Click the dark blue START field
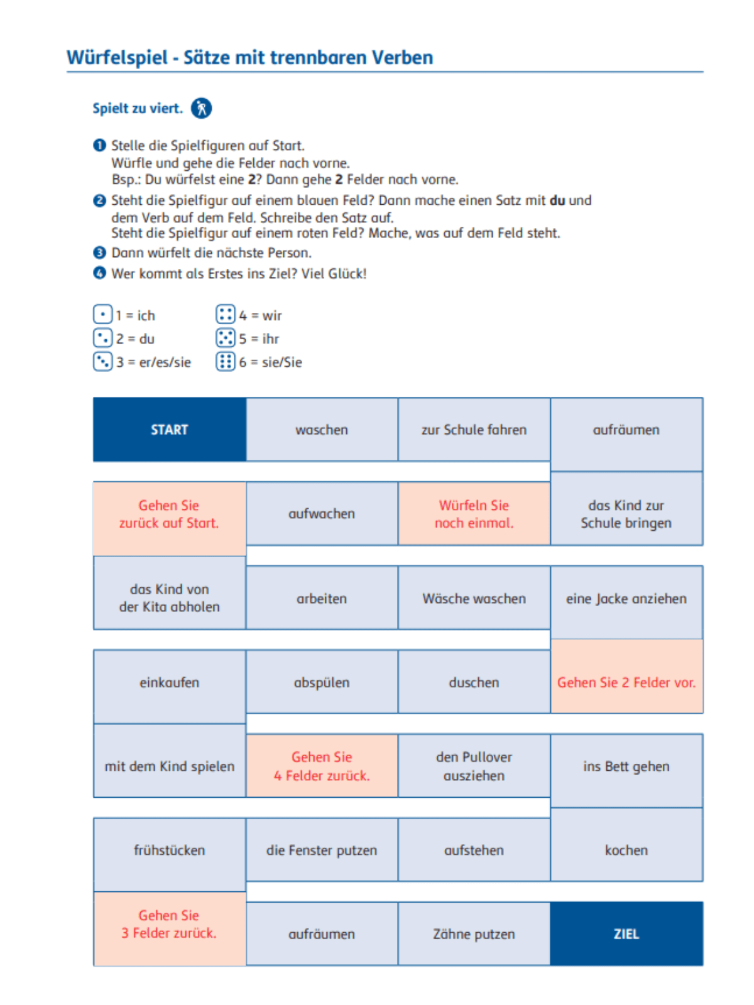pos(169,430)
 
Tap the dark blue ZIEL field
pos(626,933)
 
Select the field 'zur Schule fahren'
pos(474,430)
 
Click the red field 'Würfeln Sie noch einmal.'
pos(474,514)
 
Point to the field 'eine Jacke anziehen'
pos(626,599)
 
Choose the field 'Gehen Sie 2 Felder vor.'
pos(626,682)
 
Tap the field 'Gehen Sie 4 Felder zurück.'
pos(322,766)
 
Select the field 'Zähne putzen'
pos(474,933)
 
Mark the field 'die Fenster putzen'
pos(322,850)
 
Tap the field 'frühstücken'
pos(169,850)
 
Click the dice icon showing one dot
pos(102,315)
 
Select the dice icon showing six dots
pos(225,362)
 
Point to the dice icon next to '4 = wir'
pos(225,315)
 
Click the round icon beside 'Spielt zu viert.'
pos(201,108)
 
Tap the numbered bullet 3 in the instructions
pos(99,253)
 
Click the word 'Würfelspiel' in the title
pos(117,58)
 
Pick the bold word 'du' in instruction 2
pos(557,200)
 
